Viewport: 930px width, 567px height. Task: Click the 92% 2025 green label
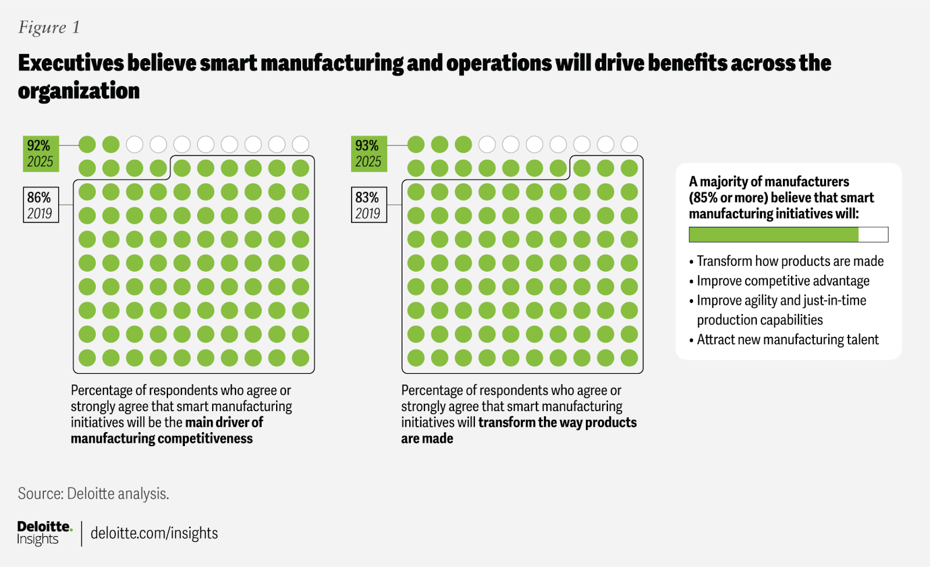coord(41,154)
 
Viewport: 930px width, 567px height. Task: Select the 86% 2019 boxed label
coord(41,205)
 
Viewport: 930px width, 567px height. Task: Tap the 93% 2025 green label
coord(369,154)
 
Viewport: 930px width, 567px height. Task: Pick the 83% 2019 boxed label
coord(369,205)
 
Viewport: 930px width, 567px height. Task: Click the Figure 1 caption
coord(49,27)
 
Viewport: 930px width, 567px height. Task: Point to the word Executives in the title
coord(71,63)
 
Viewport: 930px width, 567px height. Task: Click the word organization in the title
coord(79,91)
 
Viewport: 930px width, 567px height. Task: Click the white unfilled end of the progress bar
coord(873,234)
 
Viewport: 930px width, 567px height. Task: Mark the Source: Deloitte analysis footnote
coord(93,494)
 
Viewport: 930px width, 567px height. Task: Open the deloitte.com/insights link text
coord(154,533)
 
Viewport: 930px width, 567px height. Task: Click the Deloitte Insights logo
coord(44,533)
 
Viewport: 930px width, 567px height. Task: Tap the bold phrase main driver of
coord(224,422)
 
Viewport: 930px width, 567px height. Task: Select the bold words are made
coord(427,438)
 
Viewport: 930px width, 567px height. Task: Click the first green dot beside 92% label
coord(87,144)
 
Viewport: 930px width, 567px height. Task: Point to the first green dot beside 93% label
coord(416,144)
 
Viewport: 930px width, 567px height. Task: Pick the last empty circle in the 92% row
coord(301,144)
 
